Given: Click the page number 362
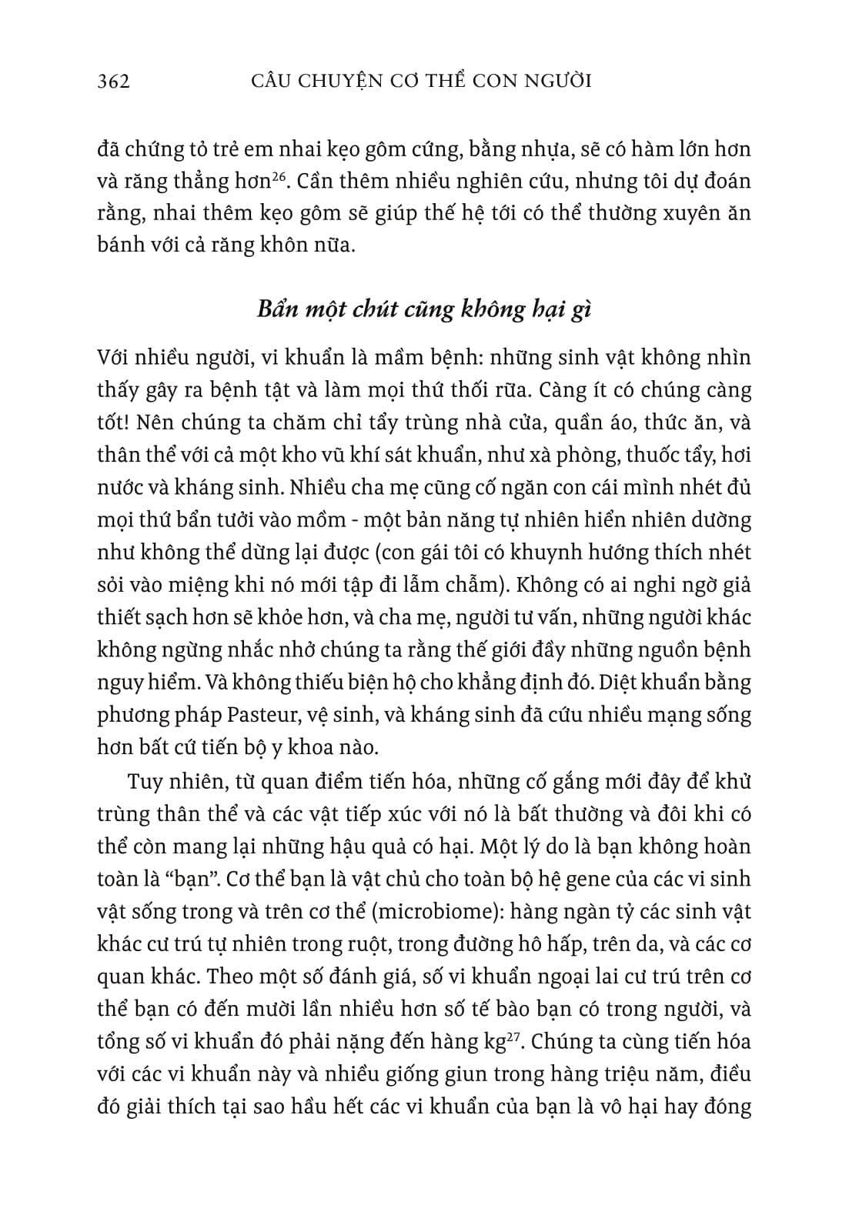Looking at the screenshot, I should click(114, 81).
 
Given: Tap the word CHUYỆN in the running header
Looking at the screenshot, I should click(343, 81).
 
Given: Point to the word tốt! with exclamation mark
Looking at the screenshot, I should click(115, 422).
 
